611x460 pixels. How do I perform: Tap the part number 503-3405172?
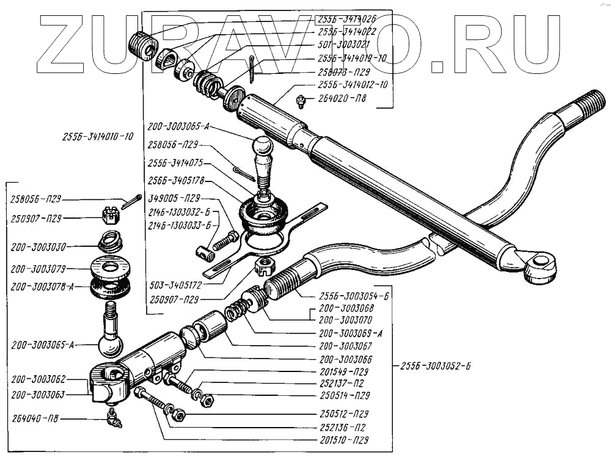click(176, 285)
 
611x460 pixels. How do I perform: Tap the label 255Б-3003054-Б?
click(345, 294)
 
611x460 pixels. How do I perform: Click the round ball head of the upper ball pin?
click(263, 146)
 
